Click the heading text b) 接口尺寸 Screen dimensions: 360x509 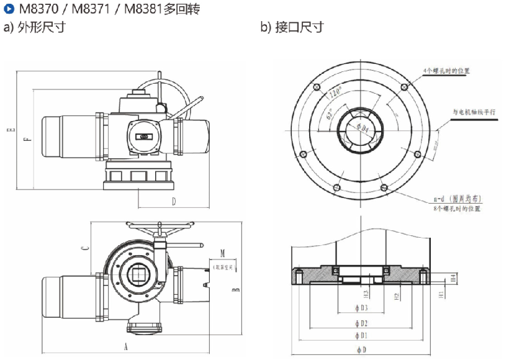[292, 27]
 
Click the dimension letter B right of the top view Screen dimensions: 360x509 [235, 290]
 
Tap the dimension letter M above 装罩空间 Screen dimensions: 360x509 [222, 254]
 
